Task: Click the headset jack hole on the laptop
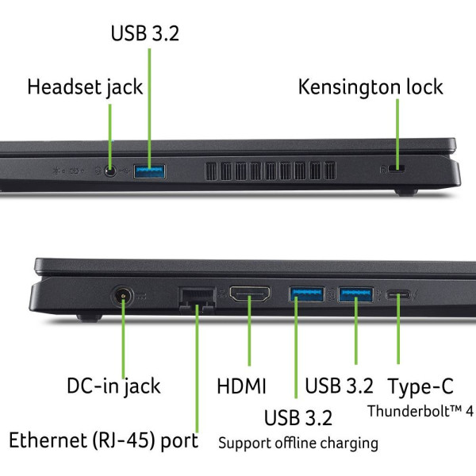pyautogui.click(x=110, y=171)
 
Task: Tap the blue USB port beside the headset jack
pyautogui.click(x=150, y=171)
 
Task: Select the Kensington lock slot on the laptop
pyautogui.click(x=397, y=168)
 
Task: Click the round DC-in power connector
pyautogui.click(x=123, y=296)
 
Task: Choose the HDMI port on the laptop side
pyautogui.click(x=250, y=294)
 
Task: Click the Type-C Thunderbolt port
pyautogui.click(x=398, y=294)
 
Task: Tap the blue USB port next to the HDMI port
pyautogui.click(x=306, y=294)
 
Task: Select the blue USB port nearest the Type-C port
pyautogui.click(x=355, y=294)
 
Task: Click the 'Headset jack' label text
pyautogui.click(x=85, y=88)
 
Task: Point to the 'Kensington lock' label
pyautogui.click(x=370, y=87)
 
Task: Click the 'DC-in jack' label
pyautogui.click(x=113, y=387)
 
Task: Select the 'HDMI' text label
pyautogui.click(x=242, y=386)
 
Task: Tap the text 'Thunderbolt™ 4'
pyautogui.click(x=420, y=411)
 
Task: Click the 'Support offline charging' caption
pyautogui.click(x=298, y=443)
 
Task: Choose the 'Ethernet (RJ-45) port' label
pyautogui.click(x=103, y=441)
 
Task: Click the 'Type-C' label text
pyautogui.click(x=420, y=387)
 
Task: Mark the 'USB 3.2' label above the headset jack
pyautogui.click(x=145, y=33)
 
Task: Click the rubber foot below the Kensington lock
pyautogui.click(x=406, y=192)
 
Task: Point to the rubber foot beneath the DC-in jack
pyautogui.click(x=89, y=317)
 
